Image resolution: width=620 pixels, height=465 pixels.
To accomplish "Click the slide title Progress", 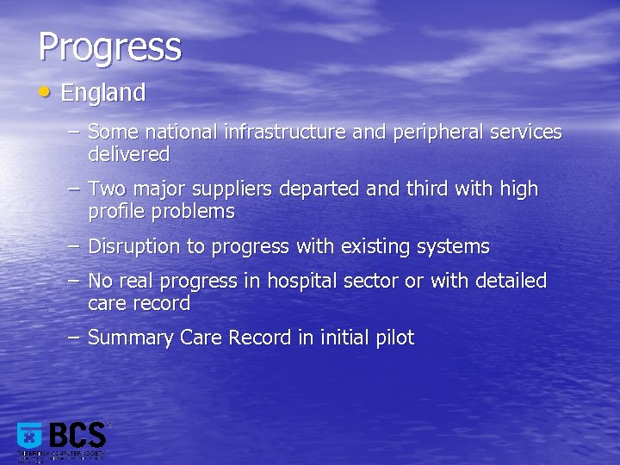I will coord(109,47).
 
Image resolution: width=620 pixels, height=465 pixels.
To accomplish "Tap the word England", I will coord(102,93).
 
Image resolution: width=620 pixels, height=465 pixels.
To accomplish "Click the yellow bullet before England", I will coord(45,90).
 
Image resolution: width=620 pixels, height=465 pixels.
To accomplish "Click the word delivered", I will coord(128,155).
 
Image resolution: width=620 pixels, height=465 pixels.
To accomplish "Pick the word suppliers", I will coord(235,189).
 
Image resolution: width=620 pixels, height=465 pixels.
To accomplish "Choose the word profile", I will coord(116,211).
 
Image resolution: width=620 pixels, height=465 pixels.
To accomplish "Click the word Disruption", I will coord(134,247).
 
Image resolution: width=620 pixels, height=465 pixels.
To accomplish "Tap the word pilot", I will coord(394,338).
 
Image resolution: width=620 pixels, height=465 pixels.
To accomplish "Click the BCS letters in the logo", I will coord(78,435).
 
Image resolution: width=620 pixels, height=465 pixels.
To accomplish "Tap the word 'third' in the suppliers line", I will coord(425,189).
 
